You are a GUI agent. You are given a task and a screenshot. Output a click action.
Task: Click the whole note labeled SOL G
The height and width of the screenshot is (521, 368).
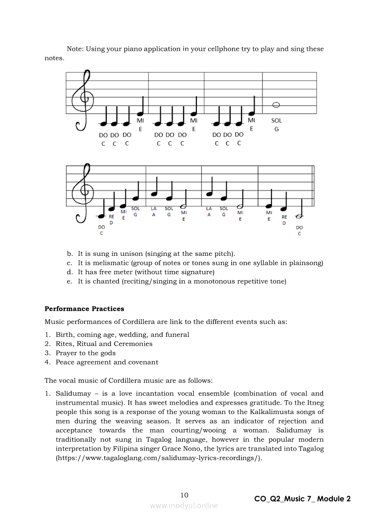(276, 105)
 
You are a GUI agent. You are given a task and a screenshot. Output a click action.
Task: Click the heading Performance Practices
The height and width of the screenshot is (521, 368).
(84, 309)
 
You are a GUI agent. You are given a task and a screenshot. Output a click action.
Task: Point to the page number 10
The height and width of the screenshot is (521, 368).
(184, 495)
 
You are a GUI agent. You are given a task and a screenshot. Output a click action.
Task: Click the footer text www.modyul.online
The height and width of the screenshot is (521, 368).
(184, 505)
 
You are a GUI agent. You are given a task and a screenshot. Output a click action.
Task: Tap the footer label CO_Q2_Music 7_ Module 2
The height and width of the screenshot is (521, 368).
(303, 499)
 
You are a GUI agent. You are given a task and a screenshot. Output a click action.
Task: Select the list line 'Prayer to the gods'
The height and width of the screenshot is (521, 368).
(86, 353)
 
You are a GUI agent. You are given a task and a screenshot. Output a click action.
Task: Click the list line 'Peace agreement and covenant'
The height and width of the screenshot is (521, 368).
(107, 362)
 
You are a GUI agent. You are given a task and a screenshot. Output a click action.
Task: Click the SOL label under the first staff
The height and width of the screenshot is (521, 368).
(276, 120)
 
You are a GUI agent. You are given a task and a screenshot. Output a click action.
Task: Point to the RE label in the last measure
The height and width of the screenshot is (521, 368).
(284, 217)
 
